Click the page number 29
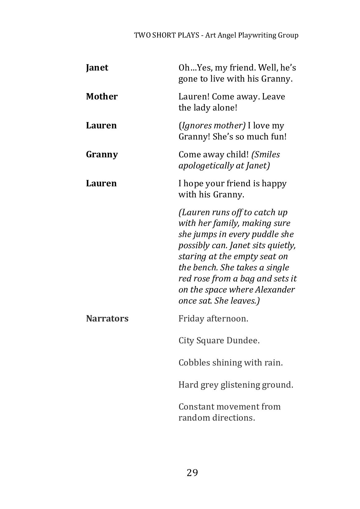click(192, 472)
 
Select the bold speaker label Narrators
click(107, 318)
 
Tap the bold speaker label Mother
click(102, 97)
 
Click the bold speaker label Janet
click(97, 68)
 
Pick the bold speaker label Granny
click(102, 155)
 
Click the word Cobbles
click(194, 363)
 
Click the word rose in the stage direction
click(202, 279)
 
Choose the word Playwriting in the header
click(257, 35)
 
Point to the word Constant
click(197, 407)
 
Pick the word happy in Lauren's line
click(274, 184)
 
